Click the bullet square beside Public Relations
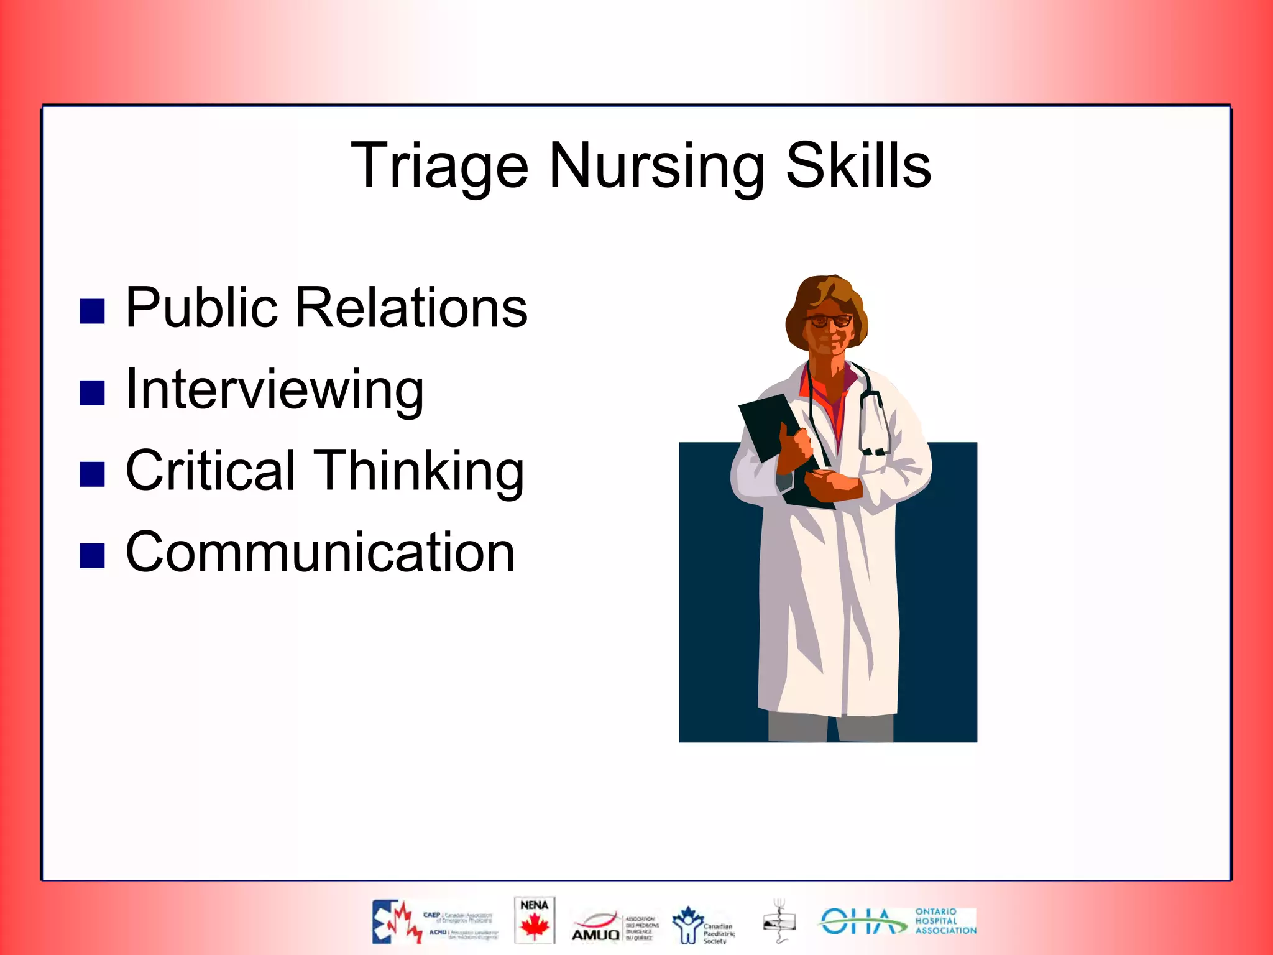click(92, 311)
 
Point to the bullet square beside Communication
click(92, 556)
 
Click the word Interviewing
click(274, 390)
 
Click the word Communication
click(319, 553)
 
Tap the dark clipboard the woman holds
click(771, 429)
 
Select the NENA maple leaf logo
click(534, 921)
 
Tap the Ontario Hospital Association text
click(945, 921)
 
